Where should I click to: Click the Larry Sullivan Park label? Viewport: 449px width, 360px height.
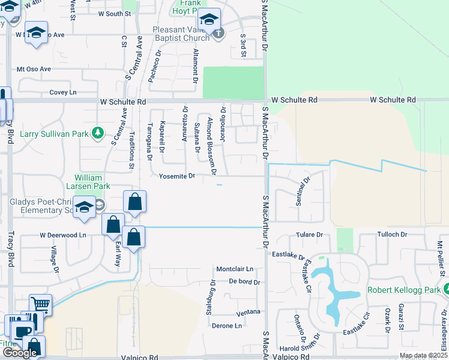coord(54,133)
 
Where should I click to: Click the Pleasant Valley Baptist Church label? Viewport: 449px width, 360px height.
coord(173,33)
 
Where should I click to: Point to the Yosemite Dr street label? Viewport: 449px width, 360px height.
coord(178,176)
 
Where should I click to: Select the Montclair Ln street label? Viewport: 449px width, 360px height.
coord(235,269)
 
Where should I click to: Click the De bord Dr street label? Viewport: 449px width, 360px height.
coord(244,281)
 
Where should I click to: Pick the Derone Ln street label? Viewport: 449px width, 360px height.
coord(227,326)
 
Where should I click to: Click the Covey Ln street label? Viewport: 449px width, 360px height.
coord(63,92)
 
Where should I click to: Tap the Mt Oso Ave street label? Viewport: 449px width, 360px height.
coord(34,69)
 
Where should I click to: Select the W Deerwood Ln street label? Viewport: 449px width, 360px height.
coord(63,235)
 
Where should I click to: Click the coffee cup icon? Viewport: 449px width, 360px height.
coord(23,331)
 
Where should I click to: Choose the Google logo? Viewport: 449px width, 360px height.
coord(20,352)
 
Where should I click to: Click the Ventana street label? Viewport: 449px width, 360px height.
coord(248,312)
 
